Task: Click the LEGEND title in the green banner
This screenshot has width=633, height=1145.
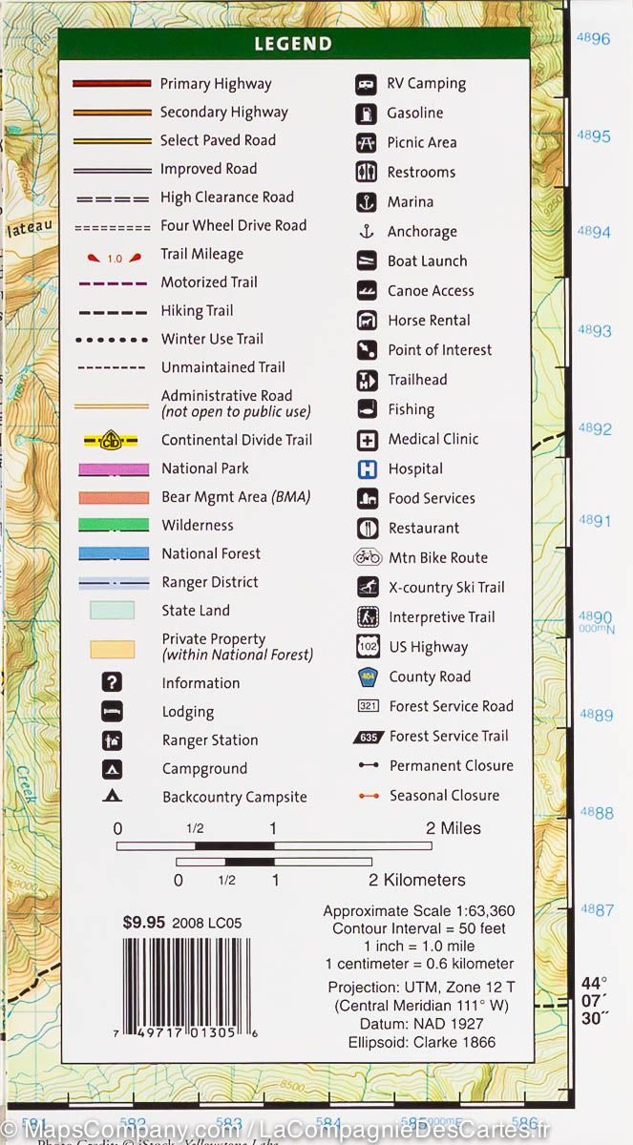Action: pos(293,44)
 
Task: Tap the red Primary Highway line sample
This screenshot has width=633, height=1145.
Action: pos(112,84)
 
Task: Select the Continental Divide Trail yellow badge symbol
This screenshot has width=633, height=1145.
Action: pos(112,440)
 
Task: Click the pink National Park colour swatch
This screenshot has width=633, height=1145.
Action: pos(112,468)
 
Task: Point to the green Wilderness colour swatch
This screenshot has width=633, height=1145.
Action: pos(112,525)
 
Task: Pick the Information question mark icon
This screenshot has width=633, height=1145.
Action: pos(112,682)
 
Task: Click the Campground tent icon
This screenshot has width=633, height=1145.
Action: pos(112,768)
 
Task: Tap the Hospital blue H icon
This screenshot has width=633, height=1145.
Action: pos(367,468)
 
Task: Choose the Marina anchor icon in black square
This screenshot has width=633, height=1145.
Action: pos(367,201)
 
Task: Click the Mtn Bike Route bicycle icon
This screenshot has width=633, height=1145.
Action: pos(367,557)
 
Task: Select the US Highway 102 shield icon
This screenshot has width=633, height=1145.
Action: pos(367,646)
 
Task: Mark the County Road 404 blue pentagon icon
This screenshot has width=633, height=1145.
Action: pos(367,677)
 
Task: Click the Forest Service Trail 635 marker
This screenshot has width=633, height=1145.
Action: pos(367,736)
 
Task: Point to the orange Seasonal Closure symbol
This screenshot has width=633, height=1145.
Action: pos(368,795)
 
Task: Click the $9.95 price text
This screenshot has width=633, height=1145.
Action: pos(144,923)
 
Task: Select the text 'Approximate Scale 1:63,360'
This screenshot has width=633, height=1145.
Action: pos(418,911)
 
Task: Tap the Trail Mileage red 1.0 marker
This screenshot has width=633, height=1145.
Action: pos(114,258)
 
